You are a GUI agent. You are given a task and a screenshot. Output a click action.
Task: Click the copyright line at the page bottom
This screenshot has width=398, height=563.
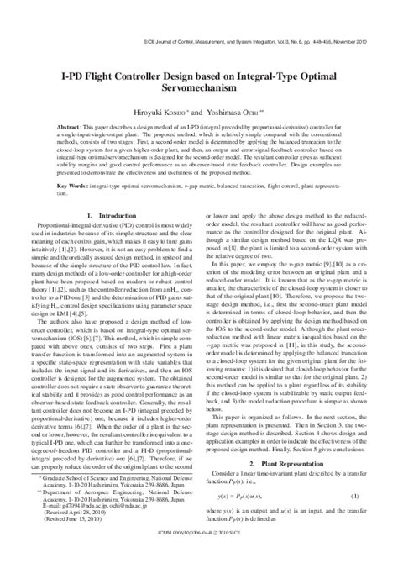199,556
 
